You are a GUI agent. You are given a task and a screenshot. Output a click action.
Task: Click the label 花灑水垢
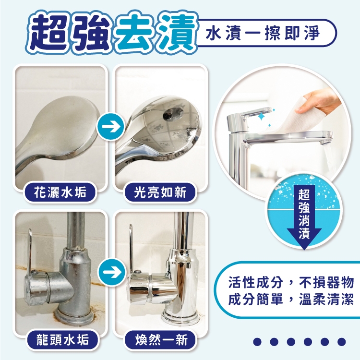pos(60,192)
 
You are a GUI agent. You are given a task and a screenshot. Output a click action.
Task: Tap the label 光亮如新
pos(160,192)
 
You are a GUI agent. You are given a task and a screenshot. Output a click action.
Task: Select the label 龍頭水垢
pos(62,339)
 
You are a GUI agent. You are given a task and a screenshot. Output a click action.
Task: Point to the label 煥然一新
pos(161,339)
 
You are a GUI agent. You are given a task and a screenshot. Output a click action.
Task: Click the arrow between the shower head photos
pos(111,127)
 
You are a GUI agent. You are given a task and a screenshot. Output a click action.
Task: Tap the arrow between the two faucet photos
pos(111,272)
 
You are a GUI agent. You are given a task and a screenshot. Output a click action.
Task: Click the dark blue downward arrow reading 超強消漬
pos(304,216)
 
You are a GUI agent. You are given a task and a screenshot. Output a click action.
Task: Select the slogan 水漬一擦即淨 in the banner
pos(263,34)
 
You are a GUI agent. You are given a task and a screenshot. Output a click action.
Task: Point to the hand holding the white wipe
pos(319,101)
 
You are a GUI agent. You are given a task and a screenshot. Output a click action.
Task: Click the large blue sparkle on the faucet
pos(261,117)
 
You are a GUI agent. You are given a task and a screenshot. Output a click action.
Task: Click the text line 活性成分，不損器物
pos(291,282)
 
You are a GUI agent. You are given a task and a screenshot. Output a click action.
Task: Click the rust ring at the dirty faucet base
pos(76,316)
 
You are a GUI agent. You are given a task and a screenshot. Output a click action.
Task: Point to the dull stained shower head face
pos(67,126)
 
